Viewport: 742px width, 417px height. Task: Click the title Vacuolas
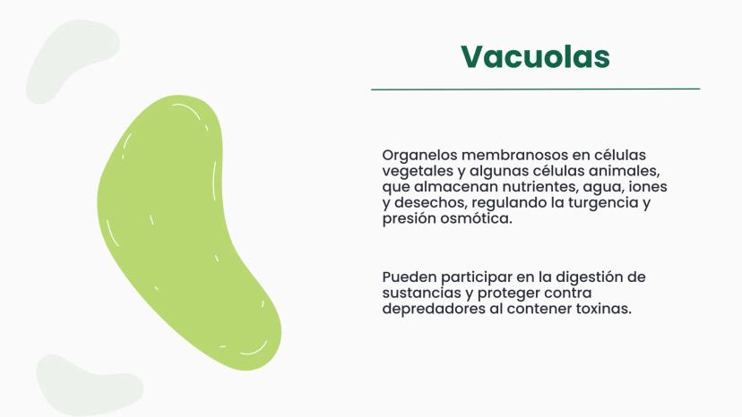click(535, 56)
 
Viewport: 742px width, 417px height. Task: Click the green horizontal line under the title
click(535, 89)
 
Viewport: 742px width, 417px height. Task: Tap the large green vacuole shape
click(185, 227)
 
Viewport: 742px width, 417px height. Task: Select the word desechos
click(431, 203)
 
